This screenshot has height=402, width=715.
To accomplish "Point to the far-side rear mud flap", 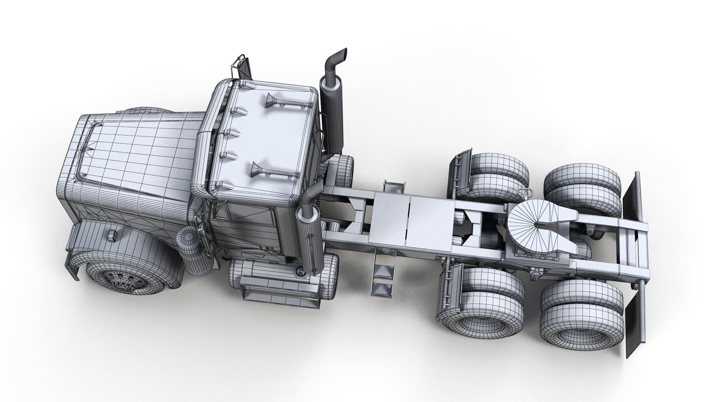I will click(x=631, y=195).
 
